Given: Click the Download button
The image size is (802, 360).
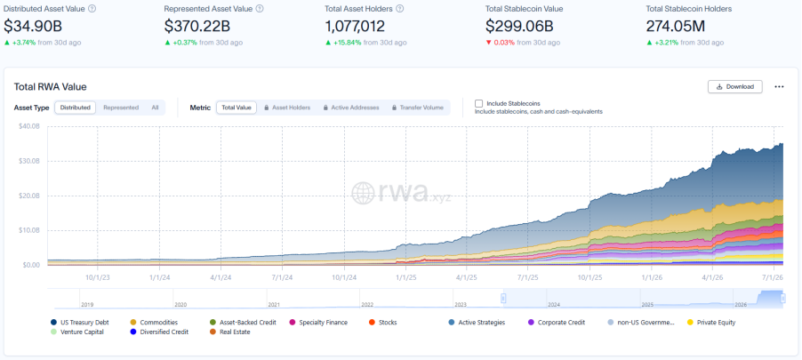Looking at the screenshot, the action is pyautogui.click(x=735, y=86).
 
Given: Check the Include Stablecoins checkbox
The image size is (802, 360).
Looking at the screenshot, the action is pyautogui.click(x=478, y=103).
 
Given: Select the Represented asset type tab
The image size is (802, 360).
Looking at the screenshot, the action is pyautogui.click(x=121, y=108).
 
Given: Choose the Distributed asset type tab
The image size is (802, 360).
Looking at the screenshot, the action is pyautogui.click(x=76, y=108).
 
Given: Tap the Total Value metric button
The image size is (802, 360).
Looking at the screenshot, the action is pyautogui.click(x=237, y=108).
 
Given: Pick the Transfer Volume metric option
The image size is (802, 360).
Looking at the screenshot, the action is pyautogui.click(x=417, y=108).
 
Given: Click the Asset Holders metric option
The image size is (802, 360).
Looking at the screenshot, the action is pyautogui.click(x=287, y=108).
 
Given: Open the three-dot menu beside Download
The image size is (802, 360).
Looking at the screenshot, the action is pyautogui.click(x=779, y=87).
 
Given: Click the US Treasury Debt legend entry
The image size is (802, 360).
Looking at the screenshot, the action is pyautogui.click(x=80, y=323).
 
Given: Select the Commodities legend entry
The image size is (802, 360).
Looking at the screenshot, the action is pyautogui.click(x=155, y=323).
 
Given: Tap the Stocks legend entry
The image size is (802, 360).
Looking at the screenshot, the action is pyautogui.click(x=382, y=323).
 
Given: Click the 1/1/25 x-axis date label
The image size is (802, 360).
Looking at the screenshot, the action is pyautogui.click(x=405, y=277).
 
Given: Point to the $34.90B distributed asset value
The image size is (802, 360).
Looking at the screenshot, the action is pyautogui.click(x=33, y=26).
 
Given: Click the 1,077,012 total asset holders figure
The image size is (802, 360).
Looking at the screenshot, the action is pyautogui.click(x=355, y=26).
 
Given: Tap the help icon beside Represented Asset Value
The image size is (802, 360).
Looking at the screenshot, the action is pyautogui.click(x=260, y=9).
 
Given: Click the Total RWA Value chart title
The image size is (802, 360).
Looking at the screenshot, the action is pyautogui.click(x=50, y=87).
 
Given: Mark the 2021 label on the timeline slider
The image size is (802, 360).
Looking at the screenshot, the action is pyautogui.click(x=274, y=304).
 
